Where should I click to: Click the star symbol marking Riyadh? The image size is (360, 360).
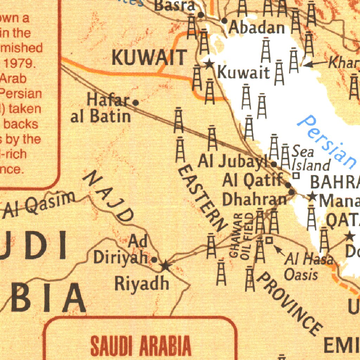[x=165, y=266]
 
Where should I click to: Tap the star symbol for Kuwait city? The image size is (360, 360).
[x=209, y=64]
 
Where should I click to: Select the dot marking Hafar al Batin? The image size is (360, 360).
[x=136, y=103]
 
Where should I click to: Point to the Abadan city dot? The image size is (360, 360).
[x=224, y=21]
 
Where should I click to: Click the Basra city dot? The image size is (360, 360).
[x=201, y=15]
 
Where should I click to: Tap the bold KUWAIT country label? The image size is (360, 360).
[x=149, y=58]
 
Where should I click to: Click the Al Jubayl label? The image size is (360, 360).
[x=234, y=161]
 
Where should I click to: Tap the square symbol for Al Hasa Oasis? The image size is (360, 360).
[x=269, y=240]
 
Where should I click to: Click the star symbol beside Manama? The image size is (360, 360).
[x=312, y=196]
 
